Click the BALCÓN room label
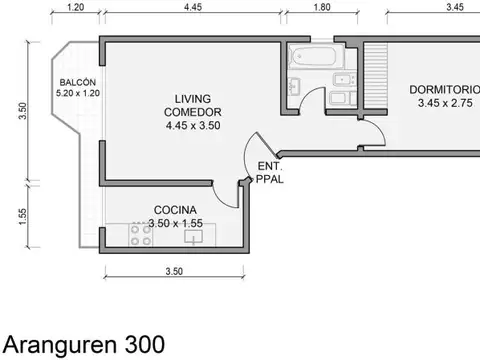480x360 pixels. (x=78, y=83)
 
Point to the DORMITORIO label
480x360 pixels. (x=444, y=90)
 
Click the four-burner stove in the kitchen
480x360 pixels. (x=140, y=235)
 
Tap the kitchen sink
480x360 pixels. (x=195, y=236)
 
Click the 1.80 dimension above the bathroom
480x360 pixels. (x=322, y=8)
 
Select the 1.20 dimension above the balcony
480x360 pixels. (x=75, y=8)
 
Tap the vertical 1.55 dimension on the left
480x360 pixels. (x=23, y=216)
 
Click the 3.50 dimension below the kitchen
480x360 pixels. (x=172, y=271)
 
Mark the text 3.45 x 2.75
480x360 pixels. (x=440, y=104)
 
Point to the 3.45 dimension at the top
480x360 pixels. (x=454, y=8)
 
